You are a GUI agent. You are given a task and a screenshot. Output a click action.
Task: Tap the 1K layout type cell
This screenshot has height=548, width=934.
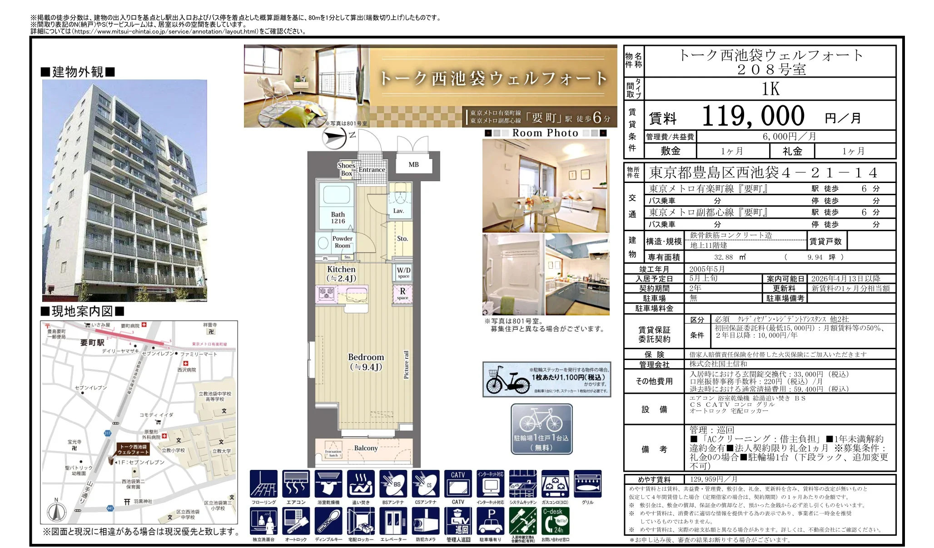point(770,89)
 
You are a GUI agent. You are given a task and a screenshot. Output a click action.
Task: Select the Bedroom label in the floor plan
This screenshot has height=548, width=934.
point(366,362)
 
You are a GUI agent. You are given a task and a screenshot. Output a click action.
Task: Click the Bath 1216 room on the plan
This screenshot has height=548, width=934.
point(338,217)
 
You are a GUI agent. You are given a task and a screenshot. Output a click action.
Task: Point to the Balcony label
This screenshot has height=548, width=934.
point(366,448)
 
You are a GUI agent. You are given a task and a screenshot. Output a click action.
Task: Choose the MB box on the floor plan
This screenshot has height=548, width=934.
point(413,165)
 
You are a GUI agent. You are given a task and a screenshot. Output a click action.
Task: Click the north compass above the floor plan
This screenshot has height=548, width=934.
point(335,138)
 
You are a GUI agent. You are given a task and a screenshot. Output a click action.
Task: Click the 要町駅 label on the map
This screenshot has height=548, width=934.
point(92,343)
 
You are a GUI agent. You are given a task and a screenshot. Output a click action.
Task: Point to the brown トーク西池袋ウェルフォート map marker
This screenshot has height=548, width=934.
point(133,449)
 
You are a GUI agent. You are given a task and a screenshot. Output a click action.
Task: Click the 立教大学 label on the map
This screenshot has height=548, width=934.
point(222,451)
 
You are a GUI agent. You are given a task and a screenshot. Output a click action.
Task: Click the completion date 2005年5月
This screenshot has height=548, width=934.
point(707,269)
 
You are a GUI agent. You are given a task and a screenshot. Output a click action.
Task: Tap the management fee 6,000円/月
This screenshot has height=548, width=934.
point(789,137)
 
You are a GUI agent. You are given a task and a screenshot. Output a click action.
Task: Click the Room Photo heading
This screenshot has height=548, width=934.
point(545,133)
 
